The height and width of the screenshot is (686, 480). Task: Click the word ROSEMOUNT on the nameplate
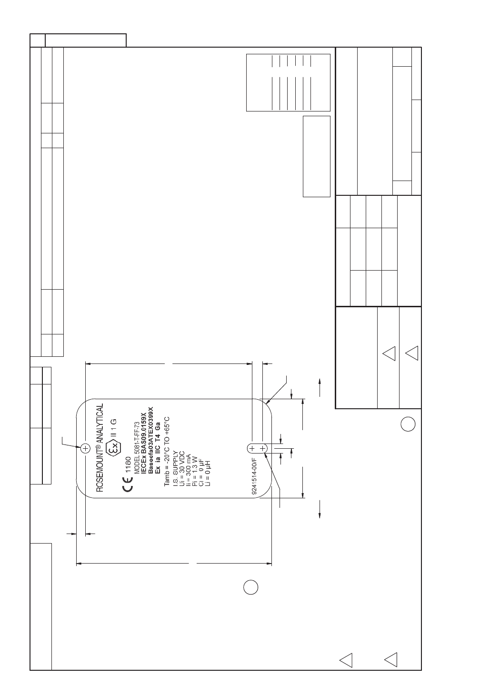point(100,471)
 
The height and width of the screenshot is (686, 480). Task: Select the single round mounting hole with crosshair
point(85,449)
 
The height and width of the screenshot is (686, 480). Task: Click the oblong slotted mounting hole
point(257,449)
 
